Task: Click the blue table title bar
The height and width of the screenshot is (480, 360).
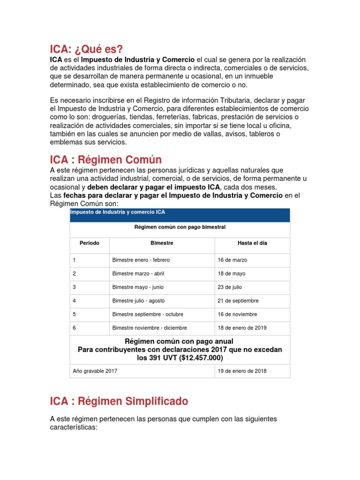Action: coord(180,215)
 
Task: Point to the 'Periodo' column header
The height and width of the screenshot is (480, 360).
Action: coord(90,243)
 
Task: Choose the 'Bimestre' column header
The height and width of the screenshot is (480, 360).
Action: coord(162,243)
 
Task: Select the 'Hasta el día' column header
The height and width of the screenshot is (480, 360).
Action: coord(252,243)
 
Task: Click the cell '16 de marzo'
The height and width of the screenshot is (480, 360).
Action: coord(232,260)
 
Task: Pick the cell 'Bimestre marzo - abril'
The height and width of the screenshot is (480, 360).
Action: coord(138,273)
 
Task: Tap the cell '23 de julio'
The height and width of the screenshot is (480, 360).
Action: coord(230,287)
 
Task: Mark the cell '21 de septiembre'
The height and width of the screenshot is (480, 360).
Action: coord(238,300)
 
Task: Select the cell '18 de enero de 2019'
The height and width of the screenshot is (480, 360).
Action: coord(242,328)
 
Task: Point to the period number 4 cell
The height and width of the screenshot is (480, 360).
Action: coord(75,300)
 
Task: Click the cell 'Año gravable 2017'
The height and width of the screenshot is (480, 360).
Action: coord(95,371)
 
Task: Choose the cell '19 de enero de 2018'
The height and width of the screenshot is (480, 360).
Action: coord(242,371)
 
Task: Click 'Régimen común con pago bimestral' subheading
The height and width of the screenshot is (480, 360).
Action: coord(180,227)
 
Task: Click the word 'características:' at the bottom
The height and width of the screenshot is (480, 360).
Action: coord(73,427)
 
